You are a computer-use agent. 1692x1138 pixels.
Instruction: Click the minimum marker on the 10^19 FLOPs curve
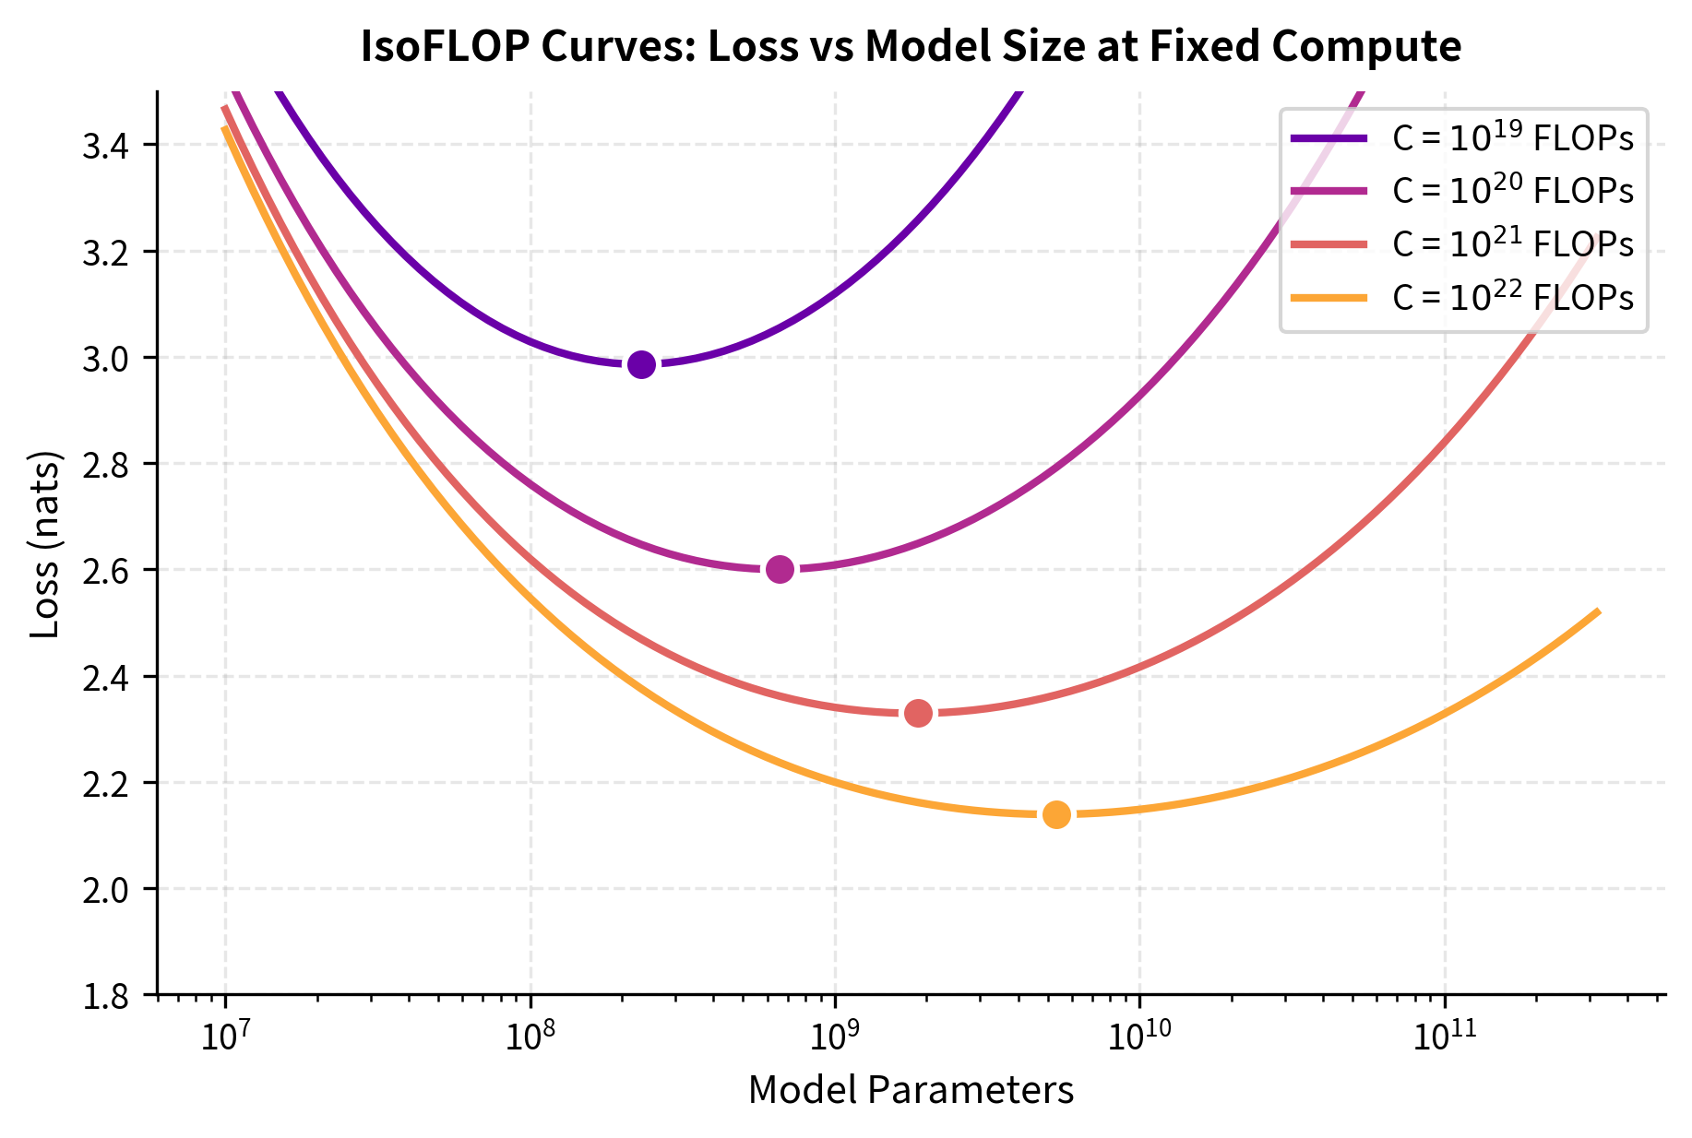tap(641, 364)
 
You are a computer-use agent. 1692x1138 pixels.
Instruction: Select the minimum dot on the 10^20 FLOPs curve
tap(780, 569)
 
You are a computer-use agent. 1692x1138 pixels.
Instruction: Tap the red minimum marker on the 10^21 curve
tap(918, 713)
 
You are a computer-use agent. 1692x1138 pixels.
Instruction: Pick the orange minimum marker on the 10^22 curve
tap(1056, 814)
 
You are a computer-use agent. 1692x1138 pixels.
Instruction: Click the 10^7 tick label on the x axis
tap(225, 1036)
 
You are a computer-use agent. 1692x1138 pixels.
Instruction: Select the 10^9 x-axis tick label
tap(835, 1036)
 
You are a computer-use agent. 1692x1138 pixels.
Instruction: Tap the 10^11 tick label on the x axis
tap(1444, 1036)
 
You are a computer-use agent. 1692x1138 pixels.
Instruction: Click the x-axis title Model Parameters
tap(911, 1091)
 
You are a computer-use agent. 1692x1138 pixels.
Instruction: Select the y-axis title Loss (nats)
tap(45, 544)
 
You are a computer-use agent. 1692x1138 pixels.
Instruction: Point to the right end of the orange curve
tap(1597, 611)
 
